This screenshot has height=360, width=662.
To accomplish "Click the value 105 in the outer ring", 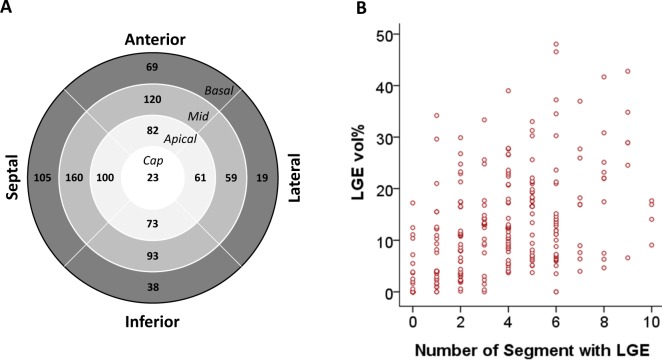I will click(44, 178).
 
